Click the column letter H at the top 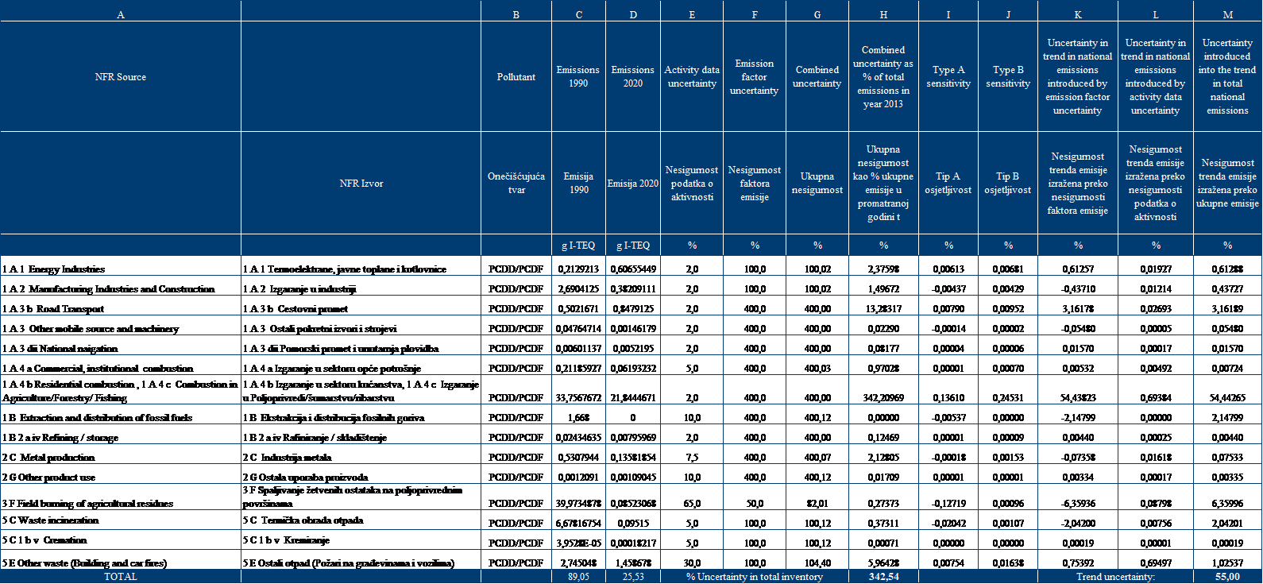(883, 15)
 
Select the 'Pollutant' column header (516, 77)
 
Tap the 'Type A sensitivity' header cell (948, 77)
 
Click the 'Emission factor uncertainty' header (754, 77)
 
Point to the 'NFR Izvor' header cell (361, 184)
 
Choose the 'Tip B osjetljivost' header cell (1008, 184)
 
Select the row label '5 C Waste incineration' (51, 520)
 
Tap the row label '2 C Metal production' (48, 458)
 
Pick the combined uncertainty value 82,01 (817, 504)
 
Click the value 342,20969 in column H (883, 398)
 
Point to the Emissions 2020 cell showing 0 (632, 418)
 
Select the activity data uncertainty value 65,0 (692, 504)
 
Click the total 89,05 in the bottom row (578, 577)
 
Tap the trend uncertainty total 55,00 (1227, 577)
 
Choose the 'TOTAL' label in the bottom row (121, 577)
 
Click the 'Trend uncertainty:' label (1115, 577)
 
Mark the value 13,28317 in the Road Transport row (883, 309)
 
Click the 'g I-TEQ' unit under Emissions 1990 (578, 246)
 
